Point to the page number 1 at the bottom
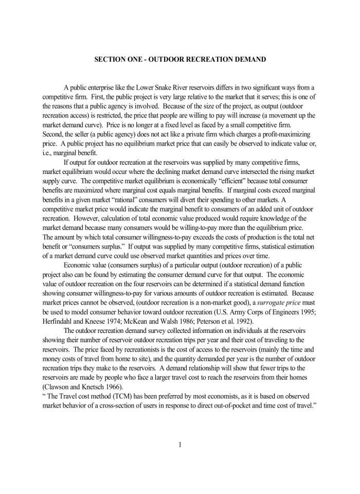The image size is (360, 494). pos(180,446)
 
